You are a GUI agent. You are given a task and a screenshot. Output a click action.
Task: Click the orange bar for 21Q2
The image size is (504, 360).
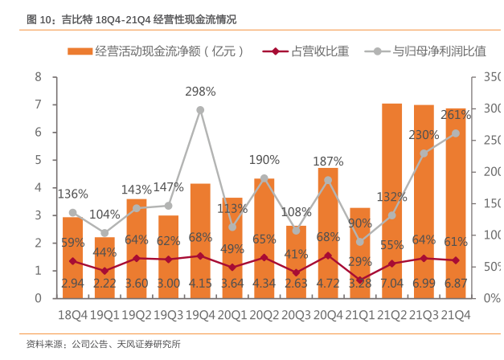point(391,201)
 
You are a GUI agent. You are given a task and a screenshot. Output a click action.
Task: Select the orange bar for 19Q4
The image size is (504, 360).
point(200,241)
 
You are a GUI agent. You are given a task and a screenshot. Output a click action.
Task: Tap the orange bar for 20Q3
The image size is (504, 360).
point(296,262)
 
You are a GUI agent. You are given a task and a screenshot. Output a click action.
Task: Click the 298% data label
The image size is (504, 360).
point(200,92)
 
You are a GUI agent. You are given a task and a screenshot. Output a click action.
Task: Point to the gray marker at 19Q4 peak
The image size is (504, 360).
point(200,110)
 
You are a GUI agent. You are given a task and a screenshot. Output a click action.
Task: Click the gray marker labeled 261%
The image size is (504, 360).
point(455,133)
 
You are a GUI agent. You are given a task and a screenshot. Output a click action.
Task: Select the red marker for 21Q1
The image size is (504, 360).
point(359,280)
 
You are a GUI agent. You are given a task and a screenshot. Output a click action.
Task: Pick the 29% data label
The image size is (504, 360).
point(359,262)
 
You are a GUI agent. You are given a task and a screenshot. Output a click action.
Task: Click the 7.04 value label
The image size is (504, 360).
point(391,284)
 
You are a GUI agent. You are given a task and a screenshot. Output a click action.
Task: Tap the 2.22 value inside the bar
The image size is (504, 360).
point(104,284)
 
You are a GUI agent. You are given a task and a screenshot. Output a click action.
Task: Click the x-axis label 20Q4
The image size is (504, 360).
point(328,314)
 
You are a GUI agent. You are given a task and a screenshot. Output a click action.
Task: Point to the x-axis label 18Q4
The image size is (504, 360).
point(73,314)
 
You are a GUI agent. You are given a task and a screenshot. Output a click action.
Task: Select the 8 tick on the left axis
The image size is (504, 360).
point(37,77)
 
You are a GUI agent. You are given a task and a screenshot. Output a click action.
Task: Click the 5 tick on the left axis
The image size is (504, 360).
point(37,160)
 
